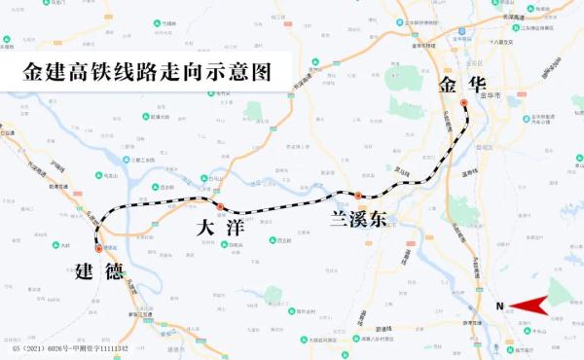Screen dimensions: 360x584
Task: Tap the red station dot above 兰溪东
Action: click(358, 196)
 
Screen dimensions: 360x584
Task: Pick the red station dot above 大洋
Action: click(220, 207)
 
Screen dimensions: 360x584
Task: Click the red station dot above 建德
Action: click(98, 249)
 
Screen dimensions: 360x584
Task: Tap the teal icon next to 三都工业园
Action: click(127, 161)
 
